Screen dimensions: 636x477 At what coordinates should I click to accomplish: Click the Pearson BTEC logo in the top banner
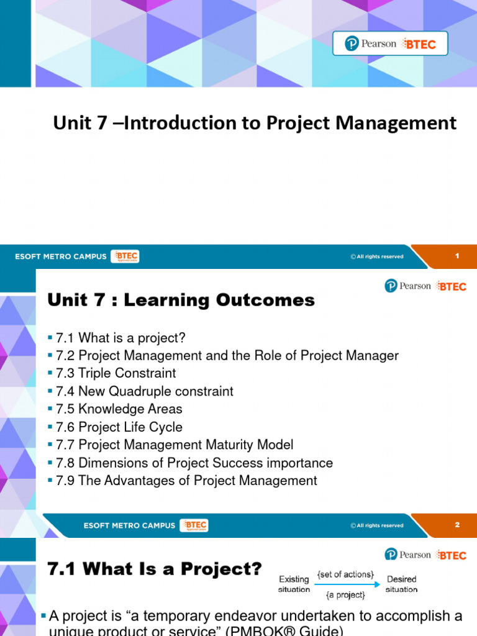click(390, 43)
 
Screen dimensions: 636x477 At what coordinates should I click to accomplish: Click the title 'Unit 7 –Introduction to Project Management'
click(255, 123)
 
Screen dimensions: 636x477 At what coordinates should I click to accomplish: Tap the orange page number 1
click(457, 256)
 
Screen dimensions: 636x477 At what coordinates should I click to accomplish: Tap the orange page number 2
click(457, 525)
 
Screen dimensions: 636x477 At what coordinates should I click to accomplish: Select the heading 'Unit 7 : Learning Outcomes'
click(181, 300)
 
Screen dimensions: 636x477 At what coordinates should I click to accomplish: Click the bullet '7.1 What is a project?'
click(120, 338)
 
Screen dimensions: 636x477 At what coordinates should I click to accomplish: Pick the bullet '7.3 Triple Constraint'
click(116, 373)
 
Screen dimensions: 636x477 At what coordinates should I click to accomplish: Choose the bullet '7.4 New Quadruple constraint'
click(144, 391)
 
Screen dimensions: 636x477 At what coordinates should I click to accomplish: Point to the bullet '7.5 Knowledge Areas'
click(119, 409)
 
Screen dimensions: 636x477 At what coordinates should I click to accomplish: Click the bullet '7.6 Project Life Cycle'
click(119, 427)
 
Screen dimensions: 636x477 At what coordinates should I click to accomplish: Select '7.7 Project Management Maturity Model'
click(175, 445)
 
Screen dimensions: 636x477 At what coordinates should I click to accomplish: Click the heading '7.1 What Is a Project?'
click(155, 568)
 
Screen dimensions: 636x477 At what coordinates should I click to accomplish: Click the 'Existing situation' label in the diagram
click(293, 584)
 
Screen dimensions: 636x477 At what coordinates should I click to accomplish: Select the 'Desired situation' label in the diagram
click(401, 584)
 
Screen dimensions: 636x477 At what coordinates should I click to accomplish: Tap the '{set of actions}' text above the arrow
click(345, 575)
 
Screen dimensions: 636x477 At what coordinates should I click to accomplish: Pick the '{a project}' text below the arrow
click(345, 595)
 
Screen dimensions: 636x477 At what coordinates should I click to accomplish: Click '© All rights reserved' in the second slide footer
click(376, 525)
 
